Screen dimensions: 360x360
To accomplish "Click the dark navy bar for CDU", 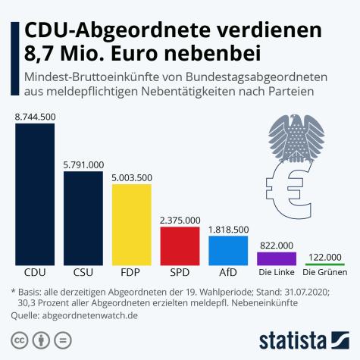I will tap(34, 193).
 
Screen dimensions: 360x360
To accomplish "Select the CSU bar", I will tap(83, 217).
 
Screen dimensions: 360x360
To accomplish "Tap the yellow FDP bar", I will tap(131, 223).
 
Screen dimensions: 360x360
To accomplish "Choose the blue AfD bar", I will tap(228, 249).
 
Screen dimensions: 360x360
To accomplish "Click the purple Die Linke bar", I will tap(277, 257).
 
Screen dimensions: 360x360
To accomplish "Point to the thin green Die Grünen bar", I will tap(325, 263).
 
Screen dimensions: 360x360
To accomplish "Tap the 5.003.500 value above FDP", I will tap(131, 177).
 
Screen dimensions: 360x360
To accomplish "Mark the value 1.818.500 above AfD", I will tap(228, 228).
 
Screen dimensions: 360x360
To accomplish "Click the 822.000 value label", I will tap(277, 245).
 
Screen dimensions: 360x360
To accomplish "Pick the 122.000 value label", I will tap(325, 256).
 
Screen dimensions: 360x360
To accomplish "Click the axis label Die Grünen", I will tap(325, 272).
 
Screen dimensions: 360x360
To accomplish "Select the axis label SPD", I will tap(180, 272).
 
